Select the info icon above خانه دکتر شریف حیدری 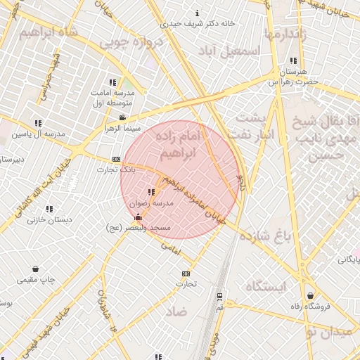197,13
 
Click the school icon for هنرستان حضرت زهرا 293,61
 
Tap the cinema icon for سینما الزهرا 123,117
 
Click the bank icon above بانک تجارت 116,160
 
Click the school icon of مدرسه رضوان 151,192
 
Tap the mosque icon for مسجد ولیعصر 137,217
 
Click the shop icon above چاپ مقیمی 36,269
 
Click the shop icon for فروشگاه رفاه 310,296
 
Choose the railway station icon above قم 219,296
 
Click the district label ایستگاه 264,286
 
